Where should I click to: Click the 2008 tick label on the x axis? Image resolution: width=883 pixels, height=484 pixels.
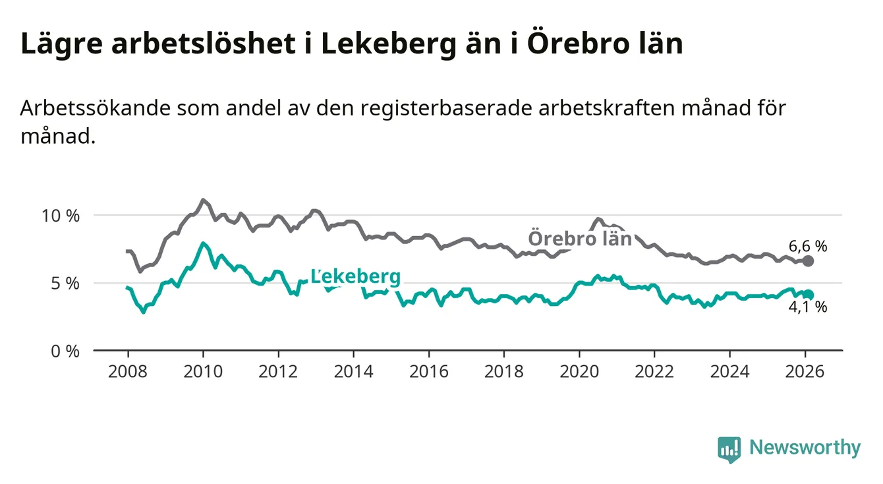127,371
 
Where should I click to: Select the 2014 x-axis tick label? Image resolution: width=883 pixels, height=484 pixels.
353,371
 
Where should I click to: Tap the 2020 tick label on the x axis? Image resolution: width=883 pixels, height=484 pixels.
579,371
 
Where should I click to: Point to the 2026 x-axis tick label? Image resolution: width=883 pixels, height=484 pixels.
805,371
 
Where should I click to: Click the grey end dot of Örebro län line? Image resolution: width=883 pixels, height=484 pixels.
809,261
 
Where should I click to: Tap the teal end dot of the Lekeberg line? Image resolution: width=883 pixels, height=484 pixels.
809,295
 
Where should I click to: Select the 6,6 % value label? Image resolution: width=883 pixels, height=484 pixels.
807,247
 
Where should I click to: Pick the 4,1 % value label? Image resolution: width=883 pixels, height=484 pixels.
807,307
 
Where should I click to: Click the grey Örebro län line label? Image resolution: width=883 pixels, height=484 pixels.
579,238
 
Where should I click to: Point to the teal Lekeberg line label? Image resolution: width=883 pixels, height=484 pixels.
355,277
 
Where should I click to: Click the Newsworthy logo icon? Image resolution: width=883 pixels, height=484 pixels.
729,449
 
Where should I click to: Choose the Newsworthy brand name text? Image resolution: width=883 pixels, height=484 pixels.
805,448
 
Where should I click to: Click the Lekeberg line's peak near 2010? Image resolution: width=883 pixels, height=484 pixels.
203,243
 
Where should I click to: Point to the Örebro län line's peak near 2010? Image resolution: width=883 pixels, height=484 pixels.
203,200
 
